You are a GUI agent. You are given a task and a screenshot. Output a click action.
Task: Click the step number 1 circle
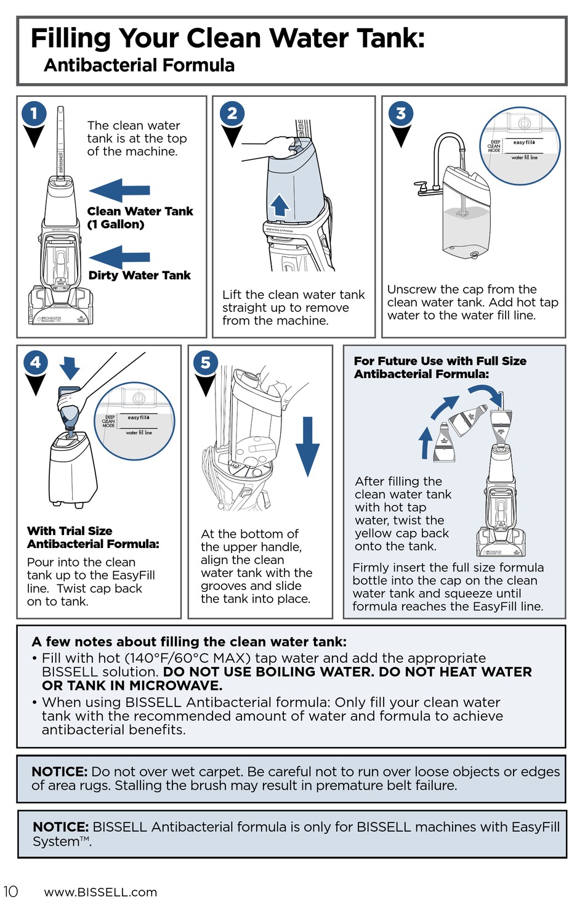(x=34, y=113)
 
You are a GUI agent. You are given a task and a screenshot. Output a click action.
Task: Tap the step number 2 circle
(x=232, y=113)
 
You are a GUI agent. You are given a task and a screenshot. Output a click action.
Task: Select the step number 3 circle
(x=401, y=113)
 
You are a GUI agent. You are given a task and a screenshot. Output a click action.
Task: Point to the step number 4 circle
(x=36, y=362)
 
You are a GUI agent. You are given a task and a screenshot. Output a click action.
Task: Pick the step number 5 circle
(x=205, y=363)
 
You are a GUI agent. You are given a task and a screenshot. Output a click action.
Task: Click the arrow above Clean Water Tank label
(x=119, y=191)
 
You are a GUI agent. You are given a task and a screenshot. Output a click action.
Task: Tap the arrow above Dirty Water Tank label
(x=119, y=256)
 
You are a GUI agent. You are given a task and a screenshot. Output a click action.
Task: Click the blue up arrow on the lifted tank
(x=280, y=205)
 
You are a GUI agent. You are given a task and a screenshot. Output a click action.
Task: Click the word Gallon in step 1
(x=120, y=224)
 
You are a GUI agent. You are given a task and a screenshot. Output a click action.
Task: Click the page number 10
(x=10, y=891)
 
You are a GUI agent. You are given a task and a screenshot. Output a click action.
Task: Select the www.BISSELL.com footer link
(x=100, y=892)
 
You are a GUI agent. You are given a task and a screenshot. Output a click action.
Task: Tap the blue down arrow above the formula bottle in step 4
(x=70, y=367)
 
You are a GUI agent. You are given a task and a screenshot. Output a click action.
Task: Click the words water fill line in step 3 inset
(x=524, y=158)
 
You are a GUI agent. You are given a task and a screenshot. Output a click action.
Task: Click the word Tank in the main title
(x=385, y=38)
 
